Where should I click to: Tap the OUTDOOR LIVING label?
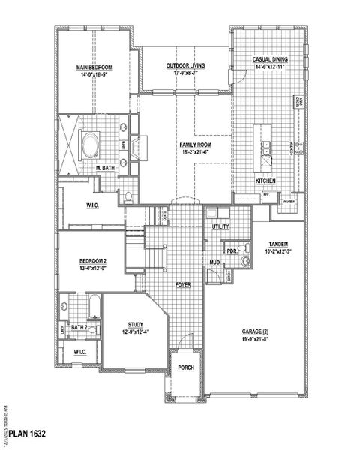click(x=186, y=65)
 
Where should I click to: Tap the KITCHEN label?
click(x=266, y=181)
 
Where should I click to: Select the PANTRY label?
click(x=289, y=202)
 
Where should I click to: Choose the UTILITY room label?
click(x=220, y=226)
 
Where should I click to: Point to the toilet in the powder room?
click(x=245, y=262)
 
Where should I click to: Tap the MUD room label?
click(x=215, y=262)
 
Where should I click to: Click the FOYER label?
click(x=182, y=285)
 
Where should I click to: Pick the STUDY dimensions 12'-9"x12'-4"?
click(x=135, y=332)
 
